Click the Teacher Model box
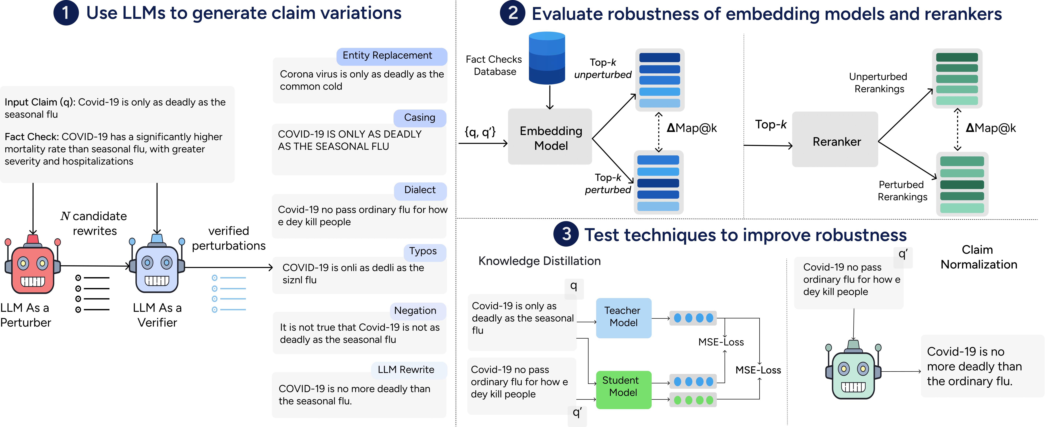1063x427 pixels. [624, 317]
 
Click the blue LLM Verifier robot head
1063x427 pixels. [157, 268]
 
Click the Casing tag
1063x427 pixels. [419, 118]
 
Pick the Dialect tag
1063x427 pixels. [420, 190]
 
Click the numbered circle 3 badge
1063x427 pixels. [566, 234]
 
